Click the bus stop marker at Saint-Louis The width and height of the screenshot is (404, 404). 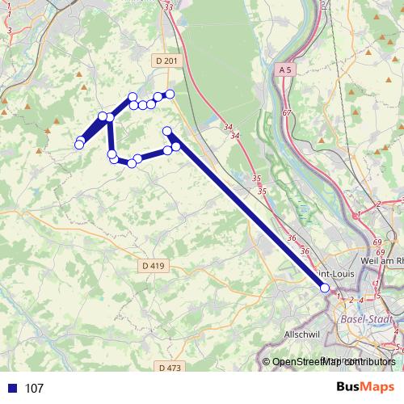click(325, 288)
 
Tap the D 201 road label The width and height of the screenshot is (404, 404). click(165, 61)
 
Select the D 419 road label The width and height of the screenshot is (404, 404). click(152, 265)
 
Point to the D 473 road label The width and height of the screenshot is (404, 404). click(170, 368)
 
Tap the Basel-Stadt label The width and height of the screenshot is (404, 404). click(368, 319)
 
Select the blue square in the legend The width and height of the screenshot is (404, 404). click(12, 389)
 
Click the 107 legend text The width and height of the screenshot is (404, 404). click(34, 389)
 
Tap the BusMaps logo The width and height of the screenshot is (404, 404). click(366, 388)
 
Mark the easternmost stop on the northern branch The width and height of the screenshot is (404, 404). click(170, 94)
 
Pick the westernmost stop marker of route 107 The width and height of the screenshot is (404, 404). click(78, 145)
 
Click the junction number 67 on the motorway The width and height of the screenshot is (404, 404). click(287, 113)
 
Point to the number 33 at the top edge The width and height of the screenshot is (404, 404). click(168, 6)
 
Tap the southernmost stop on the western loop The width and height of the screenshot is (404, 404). click(132, 163)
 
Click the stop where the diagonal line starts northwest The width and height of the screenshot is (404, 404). click(167, 131)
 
